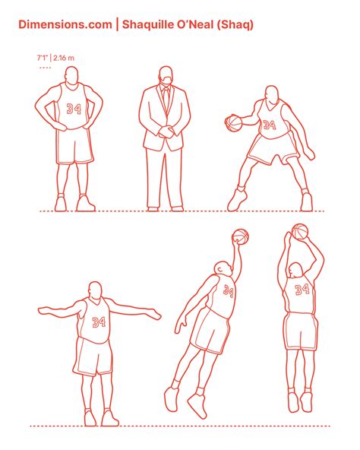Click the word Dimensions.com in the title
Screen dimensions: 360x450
tap(65, 24)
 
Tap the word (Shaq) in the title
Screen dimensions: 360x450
tap(235, 25)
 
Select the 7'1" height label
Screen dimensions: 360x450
tap(42, 58)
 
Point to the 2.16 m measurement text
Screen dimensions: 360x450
tap(63, 58)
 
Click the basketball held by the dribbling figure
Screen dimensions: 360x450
tap(233, 123)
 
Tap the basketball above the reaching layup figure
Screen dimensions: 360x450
tap(240, 236)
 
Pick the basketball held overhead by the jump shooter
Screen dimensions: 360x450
tap(300, 232)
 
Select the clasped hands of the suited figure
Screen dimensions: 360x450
tap(166, 132)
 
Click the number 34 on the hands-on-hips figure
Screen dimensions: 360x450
tap(74, 109)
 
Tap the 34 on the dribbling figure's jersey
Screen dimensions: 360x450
tap(270, 125)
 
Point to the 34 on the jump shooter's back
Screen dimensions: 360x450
tap(302, 290)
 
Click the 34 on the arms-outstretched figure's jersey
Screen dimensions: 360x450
tap(99, 322)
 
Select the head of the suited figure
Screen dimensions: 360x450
tap(166, 74)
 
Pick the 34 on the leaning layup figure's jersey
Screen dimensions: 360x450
tap(229, 291)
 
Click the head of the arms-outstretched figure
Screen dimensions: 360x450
tap(95, 290)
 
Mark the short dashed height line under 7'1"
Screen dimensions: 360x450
tap(45, 68)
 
